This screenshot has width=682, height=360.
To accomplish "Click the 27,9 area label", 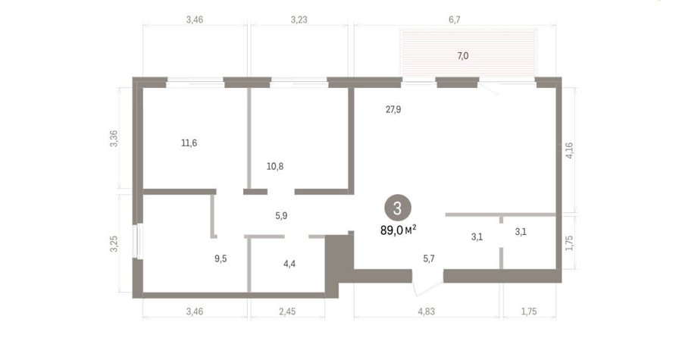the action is point(393,110).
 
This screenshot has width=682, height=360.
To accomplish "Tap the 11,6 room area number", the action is point(189,142).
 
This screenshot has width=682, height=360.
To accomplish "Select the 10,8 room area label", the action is point(275,166).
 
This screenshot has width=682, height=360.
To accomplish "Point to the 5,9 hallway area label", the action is point(281,216).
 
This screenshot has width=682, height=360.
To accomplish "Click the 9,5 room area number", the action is point(221,258).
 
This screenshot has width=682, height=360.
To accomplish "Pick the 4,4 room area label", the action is point(289,264).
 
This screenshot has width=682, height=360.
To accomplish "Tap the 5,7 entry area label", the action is point(429,258).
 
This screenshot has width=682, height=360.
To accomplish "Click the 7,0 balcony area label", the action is point(463,55).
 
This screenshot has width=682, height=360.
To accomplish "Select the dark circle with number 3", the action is point(398,208).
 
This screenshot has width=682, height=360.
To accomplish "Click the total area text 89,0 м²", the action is point(399,230).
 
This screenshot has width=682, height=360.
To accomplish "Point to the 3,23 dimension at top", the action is point(299,20).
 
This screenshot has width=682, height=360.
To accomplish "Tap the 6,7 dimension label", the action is point(454,20).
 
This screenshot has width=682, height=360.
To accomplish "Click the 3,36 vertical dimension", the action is point(114,138).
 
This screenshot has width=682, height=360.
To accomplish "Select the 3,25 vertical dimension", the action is point(114,244).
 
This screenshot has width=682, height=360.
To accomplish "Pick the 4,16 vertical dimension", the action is point(569,150).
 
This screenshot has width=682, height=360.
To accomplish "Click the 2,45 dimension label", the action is point(287,311).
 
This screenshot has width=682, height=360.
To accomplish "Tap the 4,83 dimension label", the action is point(426,311).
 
